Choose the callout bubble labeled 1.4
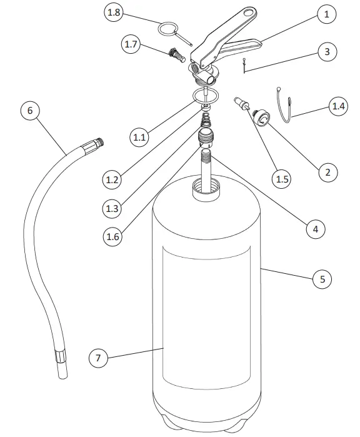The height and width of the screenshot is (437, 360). (338, 106)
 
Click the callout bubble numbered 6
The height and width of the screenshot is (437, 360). (29, 110)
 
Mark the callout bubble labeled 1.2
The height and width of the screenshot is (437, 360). (112, 179)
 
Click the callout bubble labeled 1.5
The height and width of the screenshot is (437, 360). (282, 179)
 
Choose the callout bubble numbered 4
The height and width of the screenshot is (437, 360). (316, 229)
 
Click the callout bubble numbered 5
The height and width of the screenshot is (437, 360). (322, 279)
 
